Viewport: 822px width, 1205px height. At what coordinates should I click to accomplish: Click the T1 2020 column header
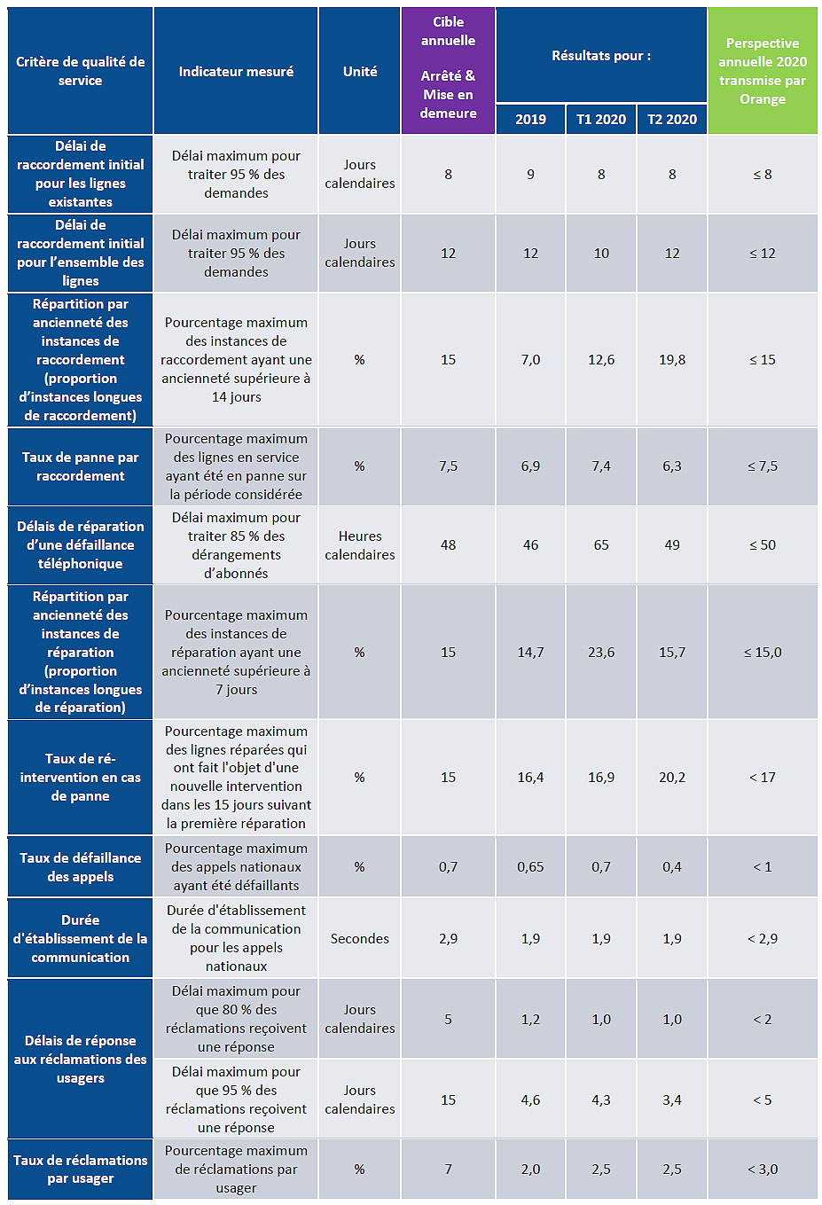click(601, 119)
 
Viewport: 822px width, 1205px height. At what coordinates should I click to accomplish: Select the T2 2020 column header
click(672, 119)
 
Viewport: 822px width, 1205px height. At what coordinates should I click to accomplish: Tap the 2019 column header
click(530, 119)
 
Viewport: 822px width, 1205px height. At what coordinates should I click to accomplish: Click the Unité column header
click(360, 71)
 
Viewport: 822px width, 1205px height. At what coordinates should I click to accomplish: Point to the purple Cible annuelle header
click(448, 67)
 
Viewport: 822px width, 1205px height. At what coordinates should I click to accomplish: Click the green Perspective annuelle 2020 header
click(763, 71)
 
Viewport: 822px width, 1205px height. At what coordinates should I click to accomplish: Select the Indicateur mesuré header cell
click(236, 71)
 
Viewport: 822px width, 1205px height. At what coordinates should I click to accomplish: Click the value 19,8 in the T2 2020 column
click(672, 359)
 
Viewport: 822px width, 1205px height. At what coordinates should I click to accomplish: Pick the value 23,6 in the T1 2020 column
click(601, 652)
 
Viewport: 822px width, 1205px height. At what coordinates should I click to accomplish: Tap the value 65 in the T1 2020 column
click(601, 544)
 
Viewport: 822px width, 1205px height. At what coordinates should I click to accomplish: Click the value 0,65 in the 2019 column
click(530, 866)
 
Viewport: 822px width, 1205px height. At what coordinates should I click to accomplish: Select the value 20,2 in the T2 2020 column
click(672, 777)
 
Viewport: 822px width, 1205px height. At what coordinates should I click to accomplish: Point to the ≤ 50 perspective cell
click(763, 544)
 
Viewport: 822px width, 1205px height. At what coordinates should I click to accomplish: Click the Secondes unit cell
click(360, 938)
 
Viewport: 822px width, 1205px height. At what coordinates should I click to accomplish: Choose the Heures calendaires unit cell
click(360, 544)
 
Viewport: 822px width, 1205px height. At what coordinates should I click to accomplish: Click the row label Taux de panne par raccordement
click(81, 466)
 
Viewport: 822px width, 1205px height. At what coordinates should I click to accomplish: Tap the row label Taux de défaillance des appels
click(81, 866)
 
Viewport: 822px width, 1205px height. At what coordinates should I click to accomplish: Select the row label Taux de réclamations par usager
click(81, 1169)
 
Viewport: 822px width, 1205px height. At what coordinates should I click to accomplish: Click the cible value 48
click(448, 544)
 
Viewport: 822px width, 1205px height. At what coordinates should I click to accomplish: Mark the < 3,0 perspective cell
click(763, 1169)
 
